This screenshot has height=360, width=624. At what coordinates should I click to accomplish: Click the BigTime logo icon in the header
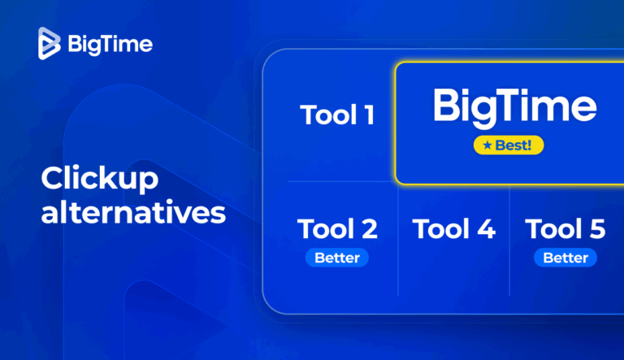(50, 43)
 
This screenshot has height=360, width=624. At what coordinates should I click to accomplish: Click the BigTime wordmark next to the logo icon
(110, 43)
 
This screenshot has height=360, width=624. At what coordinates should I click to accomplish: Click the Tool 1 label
(337, 115)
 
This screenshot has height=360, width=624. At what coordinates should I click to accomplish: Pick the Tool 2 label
(337, 229)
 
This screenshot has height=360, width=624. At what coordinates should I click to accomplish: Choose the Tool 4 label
(453, 229)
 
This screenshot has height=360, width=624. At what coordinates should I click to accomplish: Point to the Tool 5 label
(565, 229)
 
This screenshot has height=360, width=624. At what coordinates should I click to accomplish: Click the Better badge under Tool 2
(337, 258)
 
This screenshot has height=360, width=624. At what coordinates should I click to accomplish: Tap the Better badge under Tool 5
(565, 258)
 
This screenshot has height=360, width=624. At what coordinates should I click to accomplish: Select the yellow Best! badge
(509, 145)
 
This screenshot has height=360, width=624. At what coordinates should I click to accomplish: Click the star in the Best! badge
(486, 145)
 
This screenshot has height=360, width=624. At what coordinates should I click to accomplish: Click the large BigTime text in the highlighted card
(514, 107)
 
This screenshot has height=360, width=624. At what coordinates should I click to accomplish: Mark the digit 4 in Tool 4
(485, 229)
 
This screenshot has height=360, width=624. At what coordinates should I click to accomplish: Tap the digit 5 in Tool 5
(596, 229)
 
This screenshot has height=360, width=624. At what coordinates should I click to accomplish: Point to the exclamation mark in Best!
(533, 145)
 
